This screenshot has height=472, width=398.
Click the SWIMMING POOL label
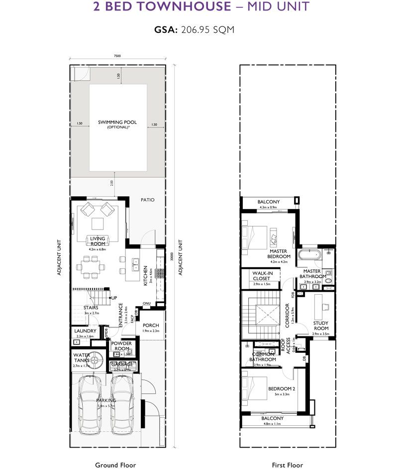pos(117,122)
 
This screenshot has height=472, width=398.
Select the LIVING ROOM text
pos(98,241)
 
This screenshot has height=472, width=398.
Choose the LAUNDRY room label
pos(85,331)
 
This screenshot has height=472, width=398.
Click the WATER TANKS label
pos(82,358)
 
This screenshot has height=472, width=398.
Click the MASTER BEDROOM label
pos(279,254)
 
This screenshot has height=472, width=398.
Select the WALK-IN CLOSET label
pos(261,276)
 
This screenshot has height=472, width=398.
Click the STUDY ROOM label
pos(320,325)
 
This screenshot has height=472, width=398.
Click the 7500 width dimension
pos(117,56)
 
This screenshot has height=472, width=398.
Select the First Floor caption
pos(287,465)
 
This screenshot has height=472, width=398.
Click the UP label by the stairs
pos(114,298)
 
